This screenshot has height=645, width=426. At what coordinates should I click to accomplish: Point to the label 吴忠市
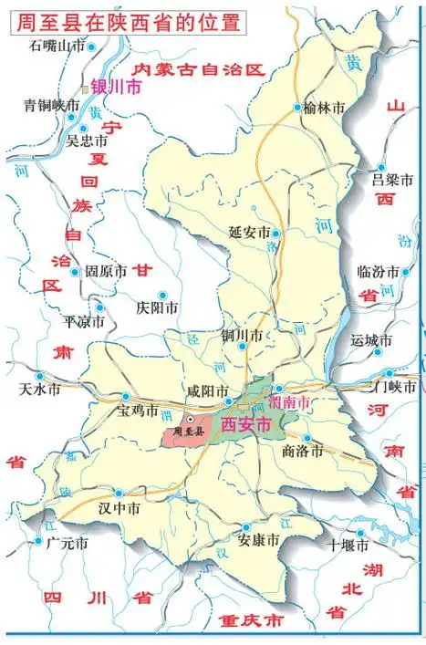[x=87, y=142]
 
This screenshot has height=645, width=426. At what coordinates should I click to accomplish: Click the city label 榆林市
[x=326, y=109]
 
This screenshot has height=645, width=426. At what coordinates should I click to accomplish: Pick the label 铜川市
[x=242, y=336]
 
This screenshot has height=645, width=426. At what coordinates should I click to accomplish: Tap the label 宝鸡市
[x=138, y=411]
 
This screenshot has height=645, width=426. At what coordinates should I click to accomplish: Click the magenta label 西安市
[x=246, y=424]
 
